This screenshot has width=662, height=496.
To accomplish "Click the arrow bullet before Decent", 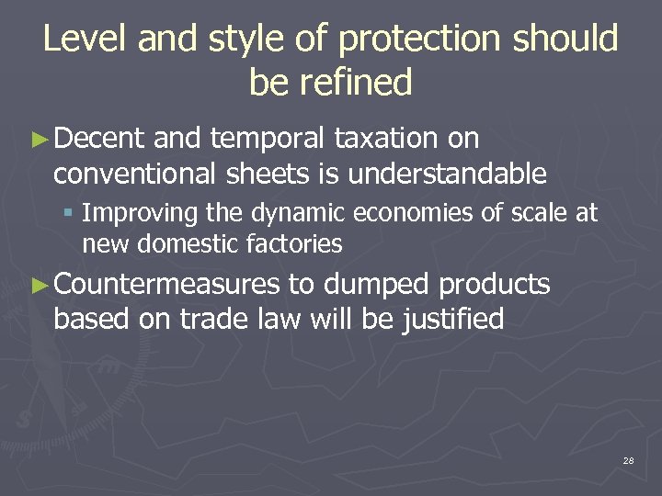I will coord(38,140).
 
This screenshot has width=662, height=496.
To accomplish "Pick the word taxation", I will coord(386,139).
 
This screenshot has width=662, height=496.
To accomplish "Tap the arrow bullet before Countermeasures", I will coord(38,286).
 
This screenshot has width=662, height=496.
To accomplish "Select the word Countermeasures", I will coord(166,285).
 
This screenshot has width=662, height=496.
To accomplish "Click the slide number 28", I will coord(628,459).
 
